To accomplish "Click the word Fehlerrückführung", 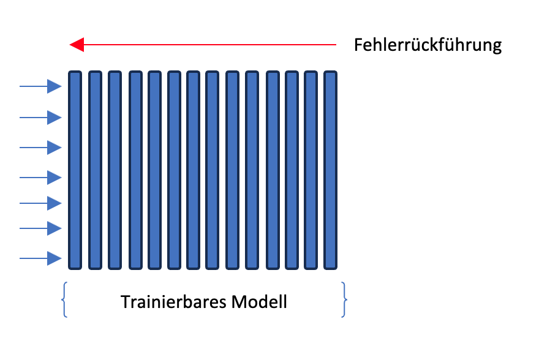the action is (x=428, y=45).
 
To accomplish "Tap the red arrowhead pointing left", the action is (x=77, y=45).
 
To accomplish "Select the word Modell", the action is (x=259, y=302).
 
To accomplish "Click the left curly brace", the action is (x=64, y=300).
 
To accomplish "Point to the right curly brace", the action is (x=344, y=300).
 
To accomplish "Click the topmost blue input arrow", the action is (x=40, y=86).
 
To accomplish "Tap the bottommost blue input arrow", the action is (x=40, y=259).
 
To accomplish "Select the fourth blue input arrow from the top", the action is (x=40, y=178).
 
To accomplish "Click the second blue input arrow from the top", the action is (x=40, y=118).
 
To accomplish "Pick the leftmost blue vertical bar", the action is (x=75, y=170).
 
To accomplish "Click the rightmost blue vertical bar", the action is (x=330, y=170).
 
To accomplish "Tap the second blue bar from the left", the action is (x=95, y=170).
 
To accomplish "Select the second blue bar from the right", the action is (x=311, y=170).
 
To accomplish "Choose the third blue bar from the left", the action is (x=115, y=170).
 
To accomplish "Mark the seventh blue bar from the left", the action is (x=194, y=170).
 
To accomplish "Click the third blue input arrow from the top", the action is (x=40, y=148).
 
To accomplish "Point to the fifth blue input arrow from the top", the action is (x=40, y=203).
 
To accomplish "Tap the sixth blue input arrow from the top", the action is (x=40, y=228).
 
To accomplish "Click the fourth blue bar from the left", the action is (x=136, y=170).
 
